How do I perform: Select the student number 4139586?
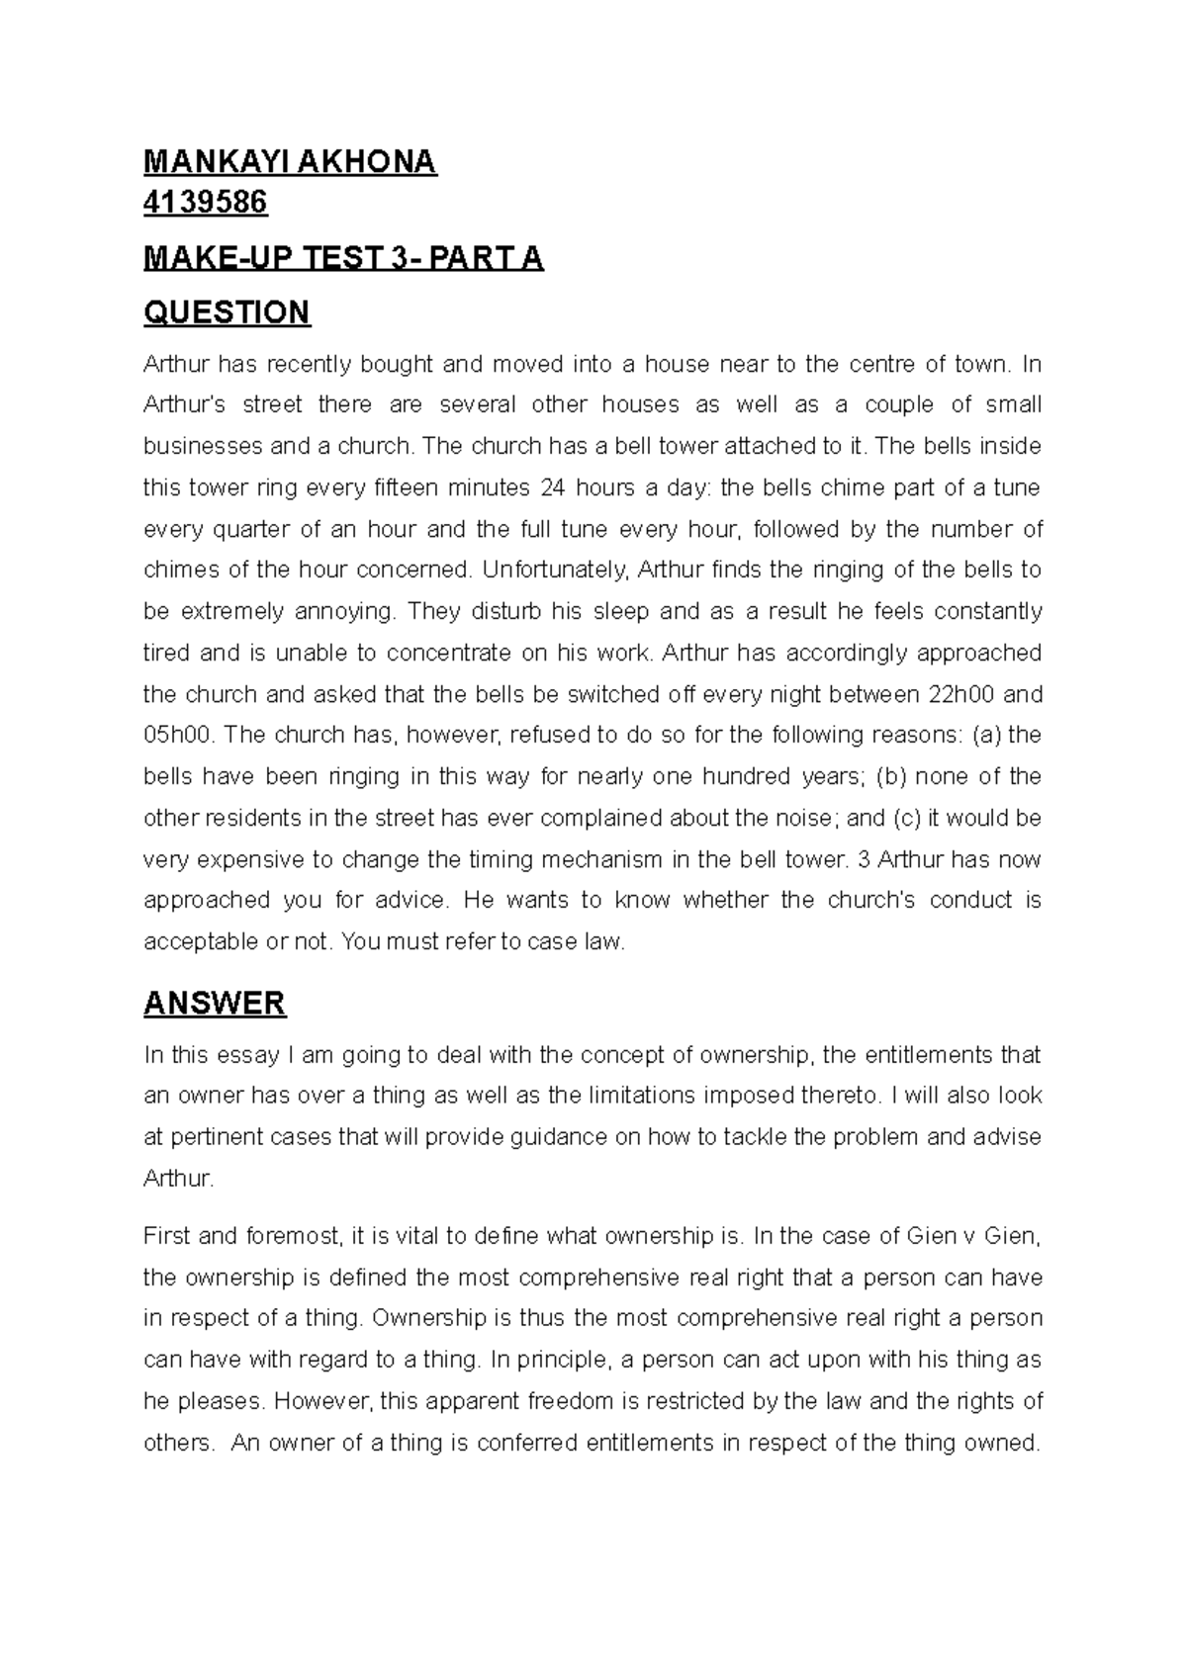[205, 204]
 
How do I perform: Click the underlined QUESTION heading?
[227, 312]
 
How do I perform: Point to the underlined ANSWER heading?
[215, 1004]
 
